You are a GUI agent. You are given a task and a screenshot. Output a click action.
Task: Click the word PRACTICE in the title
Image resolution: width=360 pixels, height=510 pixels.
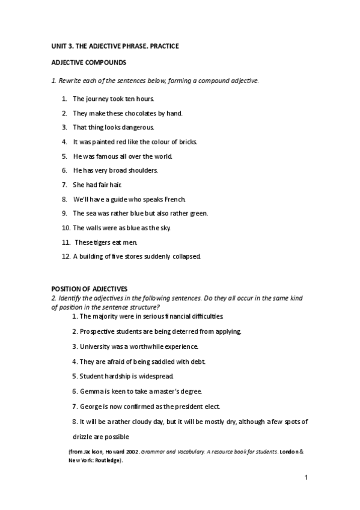click(163, 46)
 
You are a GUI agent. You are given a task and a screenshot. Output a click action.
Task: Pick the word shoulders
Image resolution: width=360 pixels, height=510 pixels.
click(142, 170)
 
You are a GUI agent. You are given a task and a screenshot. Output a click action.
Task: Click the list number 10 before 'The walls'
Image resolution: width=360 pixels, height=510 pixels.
click(66, 228)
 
